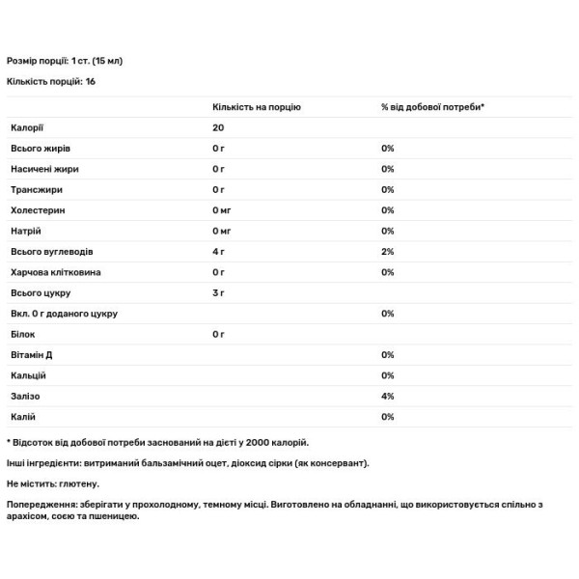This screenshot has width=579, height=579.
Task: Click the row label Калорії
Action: pyautogui.click(x=26, y=127)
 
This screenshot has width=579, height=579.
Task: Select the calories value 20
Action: pyautogui.click(x=218, y=127)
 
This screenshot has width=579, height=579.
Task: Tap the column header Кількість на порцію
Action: pyautogui.click(x=256, y=106)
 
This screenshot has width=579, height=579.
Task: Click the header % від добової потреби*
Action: pyautogui.click(x=432, y=106)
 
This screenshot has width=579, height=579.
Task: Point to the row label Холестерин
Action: pyautogui.click(x=37, y=210)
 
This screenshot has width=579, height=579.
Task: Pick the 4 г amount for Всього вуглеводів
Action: pyautogui.click(x=218, y=252)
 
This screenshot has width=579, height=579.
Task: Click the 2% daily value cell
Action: pyautogui.click(x=388, y=252)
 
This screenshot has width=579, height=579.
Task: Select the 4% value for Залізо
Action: pyautogui.click(x=388, y=397)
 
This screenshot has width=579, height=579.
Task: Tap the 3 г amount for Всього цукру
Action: pyautogui.click(x=218, y=293)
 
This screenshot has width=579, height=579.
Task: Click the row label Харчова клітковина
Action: pyautogui.click(x=55, y=272)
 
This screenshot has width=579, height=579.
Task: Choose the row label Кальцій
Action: pyautogui.click(x=28, y=375)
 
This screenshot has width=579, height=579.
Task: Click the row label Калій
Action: pyautogui.click(x=23, y=417)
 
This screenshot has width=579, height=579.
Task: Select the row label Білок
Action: pyautogui.click(x=22, y=335)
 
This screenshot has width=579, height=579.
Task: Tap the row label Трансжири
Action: pyautogui.click(x=35, y=189)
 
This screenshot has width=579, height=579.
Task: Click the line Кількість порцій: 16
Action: pyautogui.click(x=51, y=82)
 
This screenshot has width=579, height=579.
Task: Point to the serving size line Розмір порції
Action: pyautogui.click(x=64, y=61)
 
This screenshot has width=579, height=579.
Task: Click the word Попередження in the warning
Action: pyautogui.click(x=38, y=504)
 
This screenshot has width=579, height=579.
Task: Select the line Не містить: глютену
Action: pyautogui.click(x=53, y=483)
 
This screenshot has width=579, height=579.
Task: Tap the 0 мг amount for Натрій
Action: pyautogui.click(x=222, y=231)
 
